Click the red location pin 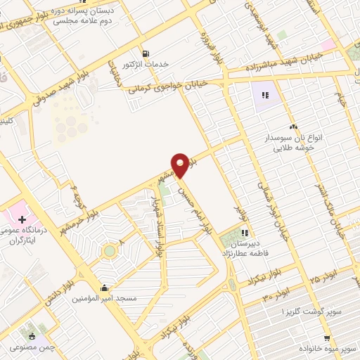181,165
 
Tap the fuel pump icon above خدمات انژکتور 146,53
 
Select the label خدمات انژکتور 146,64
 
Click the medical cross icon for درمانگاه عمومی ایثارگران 22,220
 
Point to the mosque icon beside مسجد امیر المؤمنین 105,287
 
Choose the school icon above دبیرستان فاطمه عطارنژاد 245,233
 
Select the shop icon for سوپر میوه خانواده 326,336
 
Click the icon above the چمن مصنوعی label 32,336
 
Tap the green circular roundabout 110,251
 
